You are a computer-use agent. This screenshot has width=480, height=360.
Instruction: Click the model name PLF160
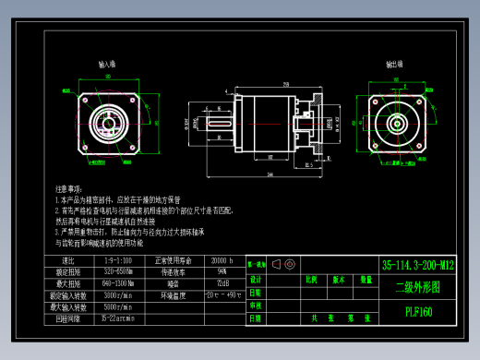(418, 310)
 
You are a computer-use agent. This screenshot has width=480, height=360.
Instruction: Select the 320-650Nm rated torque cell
(118, 272)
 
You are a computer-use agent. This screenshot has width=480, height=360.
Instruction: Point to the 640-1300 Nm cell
(118, 283)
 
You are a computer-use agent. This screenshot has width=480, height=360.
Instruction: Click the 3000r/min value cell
(118, 295)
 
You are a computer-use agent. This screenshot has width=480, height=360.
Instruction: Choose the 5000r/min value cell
(118, 306)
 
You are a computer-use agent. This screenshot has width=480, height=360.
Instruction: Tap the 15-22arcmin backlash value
(118, 318)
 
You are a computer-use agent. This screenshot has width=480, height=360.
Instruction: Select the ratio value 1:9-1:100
(118, 261)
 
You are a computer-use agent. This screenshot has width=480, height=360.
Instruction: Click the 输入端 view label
(107, 66)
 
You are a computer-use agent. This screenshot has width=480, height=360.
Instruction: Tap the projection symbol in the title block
(277, 265)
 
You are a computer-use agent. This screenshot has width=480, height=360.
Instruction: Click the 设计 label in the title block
(257, 279)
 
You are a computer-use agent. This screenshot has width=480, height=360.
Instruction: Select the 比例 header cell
(311, 279)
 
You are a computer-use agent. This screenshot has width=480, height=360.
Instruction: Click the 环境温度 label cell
(174, 295)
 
